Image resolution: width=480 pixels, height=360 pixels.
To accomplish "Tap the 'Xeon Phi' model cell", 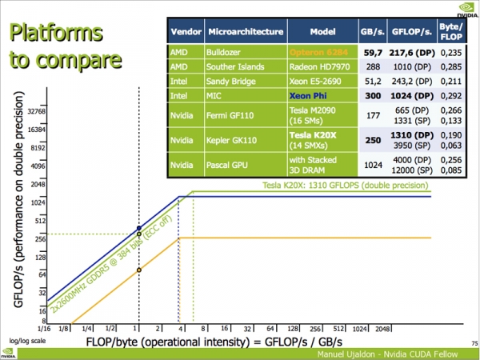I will coord(318,94).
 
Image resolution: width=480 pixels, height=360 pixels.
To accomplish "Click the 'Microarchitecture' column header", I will coord(246,32).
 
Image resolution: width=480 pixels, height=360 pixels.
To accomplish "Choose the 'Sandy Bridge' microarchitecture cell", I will coord(233,78).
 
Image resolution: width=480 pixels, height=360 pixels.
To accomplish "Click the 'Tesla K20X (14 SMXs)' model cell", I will coord(318,138).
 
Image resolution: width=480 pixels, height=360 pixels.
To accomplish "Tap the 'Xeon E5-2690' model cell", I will coord(318,78).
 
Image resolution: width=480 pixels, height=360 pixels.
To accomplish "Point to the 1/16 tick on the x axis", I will coord(46,329).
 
